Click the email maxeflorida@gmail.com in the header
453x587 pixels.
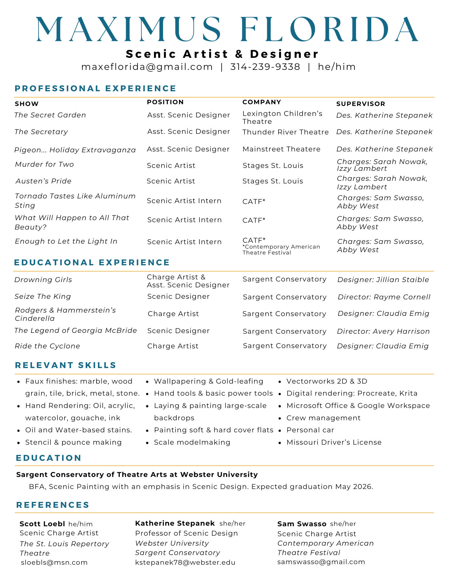pyautogui.click(x=147, y=67)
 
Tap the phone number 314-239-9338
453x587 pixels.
pyautogui.click(x=265, y=67)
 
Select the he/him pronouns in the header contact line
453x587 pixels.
pyautogui.click(x=337, y=67)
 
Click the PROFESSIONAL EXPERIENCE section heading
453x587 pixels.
pyautogui.click(x=95, y=88)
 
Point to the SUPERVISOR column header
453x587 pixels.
pyautogui.click(x=360, y=104)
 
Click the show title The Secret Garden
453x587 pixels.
pyautogui.click(x=50, y=115)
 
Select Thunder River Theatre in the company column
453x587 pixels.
pyautogui.click(x=285, y=132)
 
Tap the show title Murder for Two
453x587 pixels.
pyautogui.click(x=44, y=164)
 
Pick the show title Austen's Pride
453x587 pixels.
pyautogui.click(x=43, y=181)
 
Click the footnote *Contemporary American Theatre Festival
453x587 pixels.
pyautogui.click(x=281, y=250)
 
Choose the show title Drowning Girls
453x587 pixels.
pyautogui.click(x=43, y=280)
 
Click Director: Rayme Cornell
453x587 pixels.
pyautogui.click(x=384, y=297)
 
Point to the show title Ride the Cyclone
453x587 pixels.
pyautogui.click(x=47, y=346)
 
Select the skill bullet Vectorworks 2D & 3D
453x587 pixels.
pyautogui.click(x=327, y=381)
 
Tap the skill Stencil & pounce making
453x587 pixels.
pyautogui.click(x=73, y=442)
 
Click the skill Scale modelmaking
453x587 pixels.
pyautogui.click(x=192, y=442)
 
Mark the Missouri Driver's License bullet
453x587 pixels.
pyautogui.click(x=334, y=442)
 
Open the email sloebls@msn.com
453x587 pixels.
pyautogui.click(x=54, y=562)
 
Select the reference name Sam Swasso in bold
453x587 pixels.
pyautogui.click(x=302, y=524)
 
